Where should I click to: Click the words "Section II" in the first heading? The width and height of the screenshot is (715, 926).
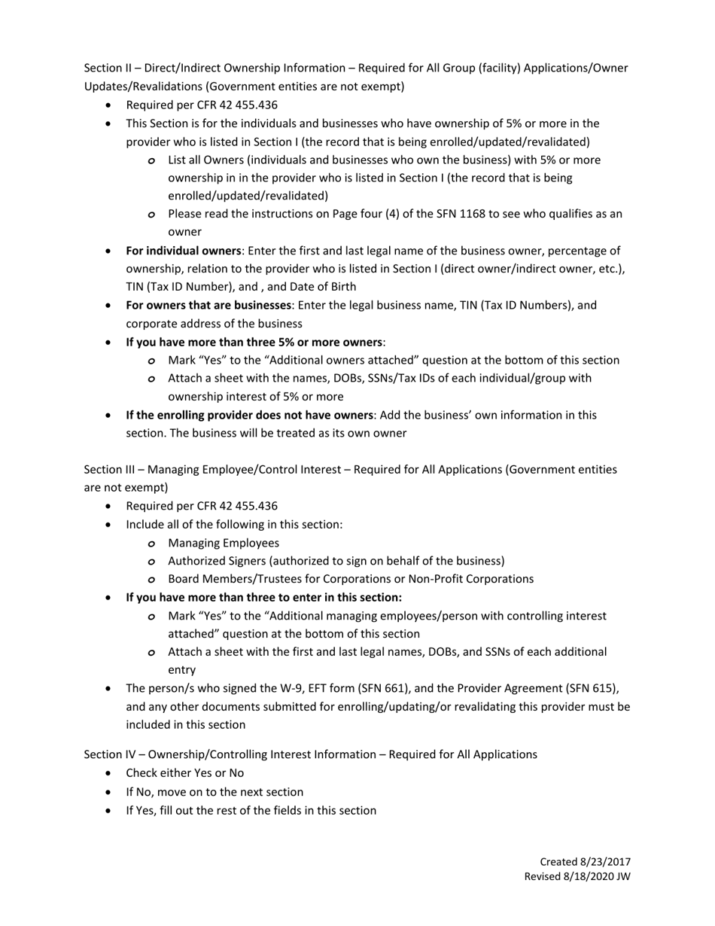point(106,68)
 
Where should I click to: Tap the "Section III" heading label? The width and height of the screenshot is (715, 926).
point(108,469)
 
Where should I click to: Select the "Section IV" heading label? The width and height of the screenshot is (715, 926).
point(108,754)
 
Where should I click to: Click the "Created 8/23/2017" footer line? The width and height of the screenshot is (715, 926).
point(585,861)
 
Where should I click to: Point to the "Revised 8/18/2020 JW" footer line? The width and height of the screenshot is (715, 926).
point(577,876)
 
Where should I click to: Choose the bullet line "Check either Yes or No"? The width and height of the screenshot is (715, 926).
point(184,772)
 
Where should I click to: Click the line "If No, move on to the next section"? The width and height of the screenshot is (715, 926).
point(214,791)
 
